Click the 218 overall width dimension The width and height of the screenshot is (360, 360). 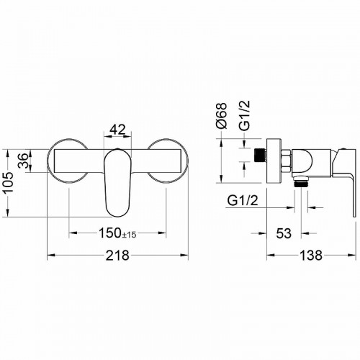[117, 255]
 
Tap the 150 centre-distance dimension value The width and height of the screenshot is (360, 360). [110, 233]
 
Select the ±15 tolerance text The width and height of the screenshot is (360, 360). [129, 235]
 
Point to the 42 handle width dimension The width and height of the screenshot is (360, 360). [117, 130]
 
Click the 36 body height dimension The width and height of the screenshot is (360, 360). [24, 161]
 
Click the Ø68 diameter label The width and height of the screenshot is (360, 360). [221, 116]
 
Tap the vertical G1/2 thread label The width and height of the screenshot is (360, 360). [245, 115]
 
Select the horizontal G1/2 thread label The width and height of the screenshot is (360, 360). [243, 200]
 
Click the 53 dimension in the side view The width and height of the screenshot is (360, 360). [284, 233]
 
